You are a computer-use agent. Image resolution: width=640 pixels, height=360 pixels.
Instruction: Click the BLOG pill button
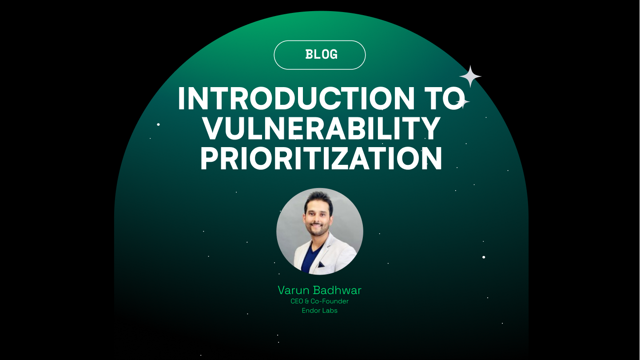[320, 55]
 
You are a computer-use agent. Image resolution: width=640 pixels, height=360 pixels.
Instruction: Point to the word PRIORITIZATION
[321, 159]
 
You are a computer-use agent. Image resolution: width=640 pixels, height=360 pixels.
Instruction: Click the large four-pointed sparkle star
[470, 76]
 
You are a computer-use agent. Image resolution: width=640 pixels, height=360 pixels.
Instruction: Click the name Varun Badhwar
[319, 291]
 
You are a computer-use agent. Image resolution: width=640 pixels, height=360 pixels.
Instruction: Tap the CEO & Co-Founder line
[319, 301]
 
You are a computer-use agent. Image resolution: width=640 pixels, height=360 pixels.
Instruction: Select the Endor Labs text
[319, 311]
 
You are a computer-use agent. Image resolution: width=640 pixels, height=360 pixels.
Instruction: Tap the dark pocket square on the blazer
[321, 265]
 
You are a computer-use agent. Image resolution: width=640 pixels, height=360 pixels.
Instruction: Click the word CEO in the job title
[297, 301]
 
